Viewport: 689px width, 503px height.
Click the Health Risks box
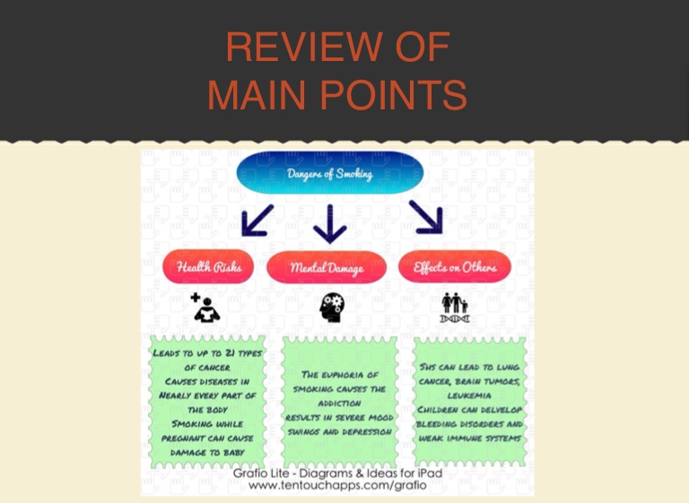coord(208,267)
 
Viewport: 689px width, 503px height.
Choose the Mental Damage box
coord(327,267)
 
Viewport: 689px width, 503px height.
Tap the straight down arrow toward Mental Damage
coord(330,224)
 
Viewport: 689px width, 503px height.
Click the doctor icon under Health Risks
coord(205,308)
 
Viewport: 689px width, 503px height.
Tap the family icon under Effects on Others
coord(455,307)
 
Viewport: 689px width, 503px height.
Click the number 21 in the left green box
coord(236,353)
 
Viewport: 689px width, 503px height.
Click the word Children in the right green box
coord(440,409)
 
